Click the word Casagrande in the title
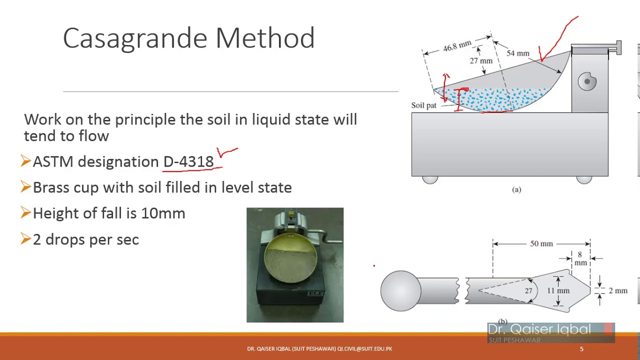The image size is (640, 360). click(x=135, y=38)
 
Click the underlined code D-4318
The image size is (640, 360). click(x=188, y=162)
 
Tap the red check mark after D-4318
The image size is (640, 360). click(x=226, y=151)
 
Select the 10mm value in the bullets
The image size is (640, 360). click(x=163, y=213)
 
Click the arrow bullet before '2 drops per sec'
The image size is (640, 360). click(x=26, y=239)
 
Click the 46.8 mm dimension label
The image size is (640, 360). click(x=456, y=46)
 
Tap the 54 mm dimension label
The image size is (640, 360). click(x=517, y=53)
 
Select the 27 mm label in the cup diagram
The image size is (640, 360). click(x=481, y=61)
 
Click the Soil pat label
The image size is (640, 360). click(x=423, y=105)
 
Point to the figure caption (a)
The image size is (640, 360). click(x=516, y=189)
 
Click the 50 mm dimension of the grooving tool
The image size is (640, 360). click(x=541, y=243)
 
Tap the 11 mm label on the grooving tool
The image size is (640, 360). click(x=558, y=290)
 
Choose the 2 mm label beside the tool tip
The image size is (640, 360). click(x=617, y=290)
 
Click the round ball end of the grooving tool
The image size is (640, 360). click(x=400, y=291)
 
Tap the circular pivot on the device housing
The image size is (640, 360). click(x=587, y=81)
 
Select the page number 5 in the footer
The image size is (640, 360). click(x=581, y=349)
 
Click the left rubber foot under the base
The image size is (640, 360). click(x=430, y=179)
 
